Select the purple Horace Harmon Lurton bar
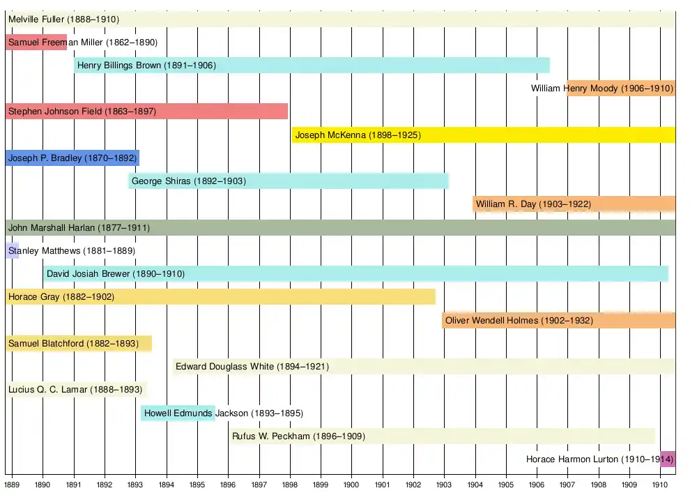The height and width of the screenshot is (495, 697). pos(668,459)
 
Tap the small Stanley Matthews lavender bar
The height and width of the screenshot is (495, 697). pos(12,250)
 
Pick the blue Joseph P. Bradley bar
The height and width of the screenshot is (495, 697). pos(72,158)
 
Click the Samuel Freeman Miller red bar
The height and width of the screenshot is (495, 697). pos(36,42)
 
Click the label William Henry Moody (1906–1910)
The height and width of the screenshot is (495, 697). pos(602,89)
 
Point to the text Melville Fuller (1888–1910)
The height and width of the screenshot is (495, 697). pos(63,20)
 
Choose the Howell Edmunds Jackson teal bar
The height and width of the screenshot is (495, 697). pos(178,413)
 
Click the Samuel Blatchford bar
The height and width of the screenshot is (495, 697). pos(78,343)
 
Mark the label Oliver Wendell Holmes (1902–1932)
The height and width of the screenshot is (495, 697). pos(519,320)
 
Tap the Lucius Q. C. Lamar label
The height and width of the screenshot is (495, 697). pos(75,390)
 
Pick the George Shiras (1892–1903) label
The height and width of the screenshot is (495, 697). pos(189,181)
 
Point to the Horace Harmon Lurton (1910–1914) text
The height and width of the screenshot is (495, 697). pos(599,459)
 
